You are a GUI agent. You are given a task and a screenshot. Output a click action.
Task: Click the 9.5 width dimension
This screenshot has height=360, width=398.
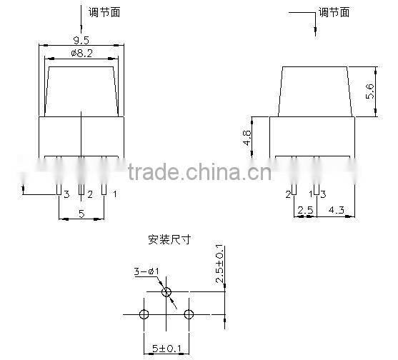click(81, 40)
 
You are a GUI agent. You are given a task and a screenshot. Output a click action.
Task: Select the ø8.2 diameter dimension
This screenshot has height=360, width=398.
click(81, 54)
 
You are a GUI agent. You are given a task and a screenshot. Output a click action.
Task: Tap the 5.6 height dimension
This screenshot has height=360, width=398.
click(370, 91)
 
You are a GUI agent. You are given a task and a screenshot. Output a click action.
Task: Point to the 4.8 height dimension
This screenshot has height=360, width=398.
click(247, 138)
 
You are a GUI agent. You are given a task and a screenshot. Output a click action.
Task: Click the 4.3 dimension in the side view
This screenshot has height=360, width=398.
click(337, 210)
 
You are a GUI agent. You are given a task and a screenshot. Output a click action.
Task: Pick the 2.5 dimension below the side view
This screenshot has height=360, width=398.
click(306, 210)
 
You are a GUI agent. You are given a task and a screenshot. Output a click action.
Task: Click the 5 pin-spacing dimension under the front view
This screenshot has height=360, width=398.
click(81, 214)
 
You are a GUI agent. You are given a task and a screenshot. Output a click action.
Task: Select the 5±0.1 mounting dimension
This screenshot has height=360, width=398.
click(166, 348)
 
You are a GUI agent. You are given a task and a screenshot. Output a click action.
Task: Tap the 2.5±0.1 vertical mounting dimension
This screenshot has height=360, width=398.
click(219, 264)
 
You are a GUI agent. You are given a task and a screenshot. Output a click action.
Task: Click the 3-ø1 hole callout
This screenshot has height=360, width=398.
click(146, 271)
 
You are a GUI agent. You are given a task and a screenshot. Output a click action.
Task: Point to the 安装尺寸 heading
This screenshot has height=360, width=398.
click(169, 239)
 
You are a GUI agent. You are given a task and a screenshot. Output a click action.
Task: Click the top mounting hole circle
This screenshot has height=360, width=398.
click(166, 292)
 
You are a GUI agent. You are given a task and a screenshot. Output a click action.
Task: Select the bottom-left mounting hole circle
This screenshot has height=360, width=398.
click(144, 314)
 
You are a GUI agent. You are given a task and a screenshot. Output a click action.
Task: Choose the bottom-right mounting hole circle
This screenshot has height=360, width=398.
click(189, 314)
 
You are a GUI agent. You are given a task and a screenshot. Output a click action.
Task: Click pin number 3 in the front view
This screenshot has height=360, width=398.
click(66, 194)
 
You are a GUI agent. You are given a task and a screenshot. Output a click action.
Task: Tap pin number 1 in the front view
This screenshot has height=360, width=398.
click(115, 194)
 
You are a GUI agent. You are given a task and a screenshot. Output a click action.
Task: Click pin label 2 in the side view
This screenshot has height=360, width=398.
click(288, 194)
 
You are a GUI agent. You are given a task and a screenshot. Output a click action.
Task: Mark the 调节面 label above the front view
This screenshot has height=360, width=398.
click(104, 12)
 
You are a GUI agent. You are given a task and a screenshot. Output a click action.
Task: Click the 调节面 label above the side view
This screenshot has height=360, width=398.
click(334, 12)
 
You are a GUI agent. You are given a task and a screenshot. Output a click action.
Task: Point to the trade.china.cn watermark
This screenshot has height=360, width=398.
click(200, 171)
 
